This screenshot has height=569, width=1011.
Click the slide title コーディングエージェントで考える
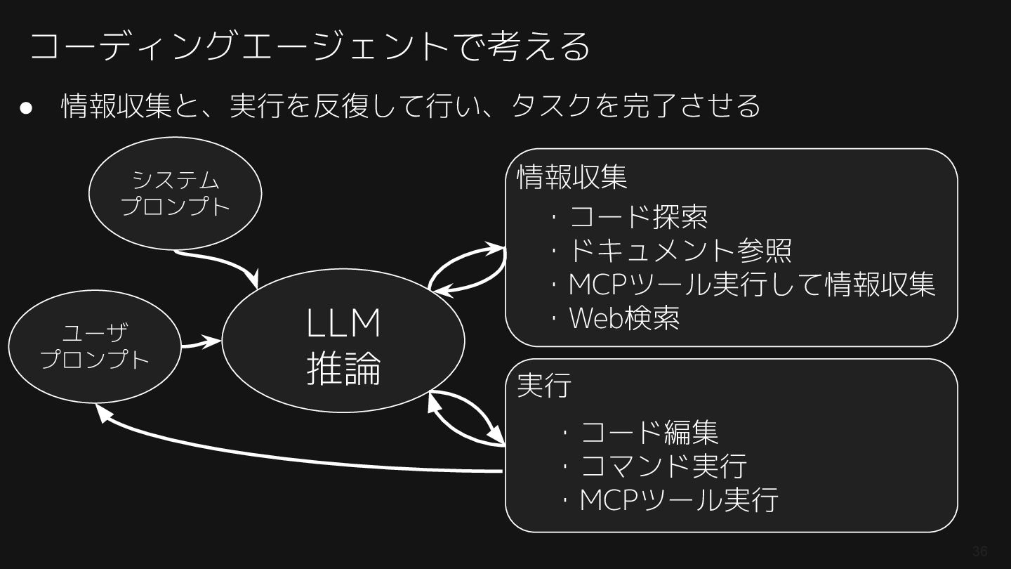pos(309,46)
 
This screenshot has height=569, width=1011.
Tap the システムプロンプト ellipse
pos(176,193)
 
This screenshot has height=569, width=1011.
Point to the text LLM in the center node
pos(343,323)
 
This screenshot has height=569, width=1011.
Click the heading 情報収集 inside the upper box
pos(571,177)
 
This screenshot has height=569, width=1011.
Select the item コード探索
pos(637,217)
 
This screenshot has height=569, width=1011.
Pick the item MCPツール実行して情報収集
pos(751,284)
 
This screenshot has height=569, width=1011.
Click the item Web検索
pos(623,318)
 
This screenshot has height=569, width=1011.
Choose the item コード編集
pos(649,432)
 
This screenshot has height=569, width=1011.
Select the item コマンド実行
pos(663,466)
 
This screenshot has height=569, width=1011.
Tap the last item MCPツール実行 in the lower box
pos(678,500)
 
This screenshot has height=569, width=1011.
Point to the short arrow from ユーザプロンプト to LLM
pos(201,344)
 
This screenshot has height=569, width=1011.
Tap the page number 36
pos(979,551)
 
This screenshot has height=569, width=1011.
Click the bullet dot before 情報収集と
pos(27,107)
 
